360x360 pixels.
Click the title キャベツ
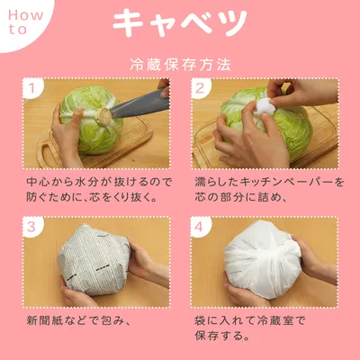(180, 23)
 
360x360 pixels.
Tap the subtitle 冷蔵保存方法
(180, 65)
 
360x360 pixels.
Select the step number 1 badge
(31, 88)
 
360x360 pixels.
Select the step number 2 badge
(200, 88)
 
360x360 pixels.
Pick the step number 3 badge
(31, 227)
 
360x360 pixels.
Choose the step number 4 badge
(200, 227)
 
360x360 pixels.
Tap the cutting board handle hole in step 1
(48, 155)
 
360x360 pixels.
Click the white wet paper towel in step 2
(264, 105)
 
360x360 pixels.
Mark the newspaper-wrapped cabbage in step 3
(93, 258)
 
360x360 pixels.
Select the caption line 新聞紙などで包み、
(78, 320)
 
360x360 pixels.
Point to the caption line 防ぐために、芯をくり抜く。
(92, 197)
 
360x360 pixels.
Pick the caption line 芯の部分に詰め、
(241, 197)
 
